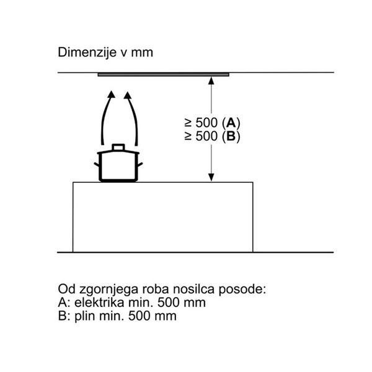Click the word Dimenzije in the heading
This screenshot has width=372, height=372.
click(87, 53)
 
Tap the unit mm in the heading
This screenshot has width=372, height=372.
click(142, 53)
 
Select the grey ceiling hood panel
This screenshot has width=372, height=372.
click(164, 75)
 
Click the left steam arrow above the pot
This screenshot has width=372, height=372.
click(107, 117)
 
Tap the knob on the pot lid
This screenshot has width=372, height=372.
click(118, 148)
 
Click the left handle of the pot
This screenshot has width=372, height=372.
click(97, 164)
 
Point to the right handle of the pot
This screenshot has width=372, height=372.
click(140, 164)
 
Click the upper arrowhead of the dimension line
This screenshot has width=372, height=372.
click(211, 81)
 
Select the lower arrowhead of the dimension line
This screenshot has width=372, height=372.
click(211, 177)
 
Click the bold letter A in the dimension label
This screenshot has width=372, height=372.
click(231, 123)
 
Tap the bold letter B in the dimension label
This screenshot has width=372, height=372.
click(231, 136)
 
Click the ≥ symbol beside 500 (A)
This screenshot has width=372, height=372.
click(188, 123)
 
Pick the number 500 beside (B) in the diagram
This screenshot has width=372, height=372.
click(206, 136)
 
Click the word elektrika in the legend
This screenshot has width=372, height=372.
click(99, 303)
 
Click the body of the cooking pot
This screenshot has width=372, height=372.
click(118, 167)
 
